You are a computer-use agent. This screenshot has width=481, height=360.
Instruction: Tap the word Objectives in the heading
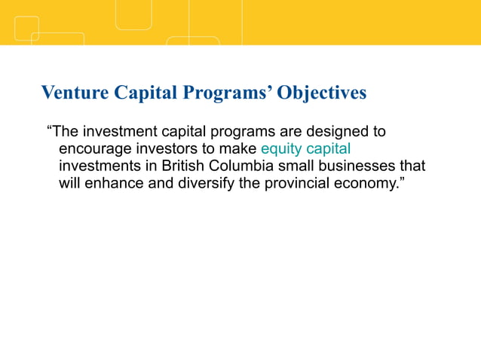click(x=322, y=93)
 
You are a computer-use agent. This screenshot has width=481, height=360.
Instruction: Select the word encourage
click(x=94, y=148)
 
